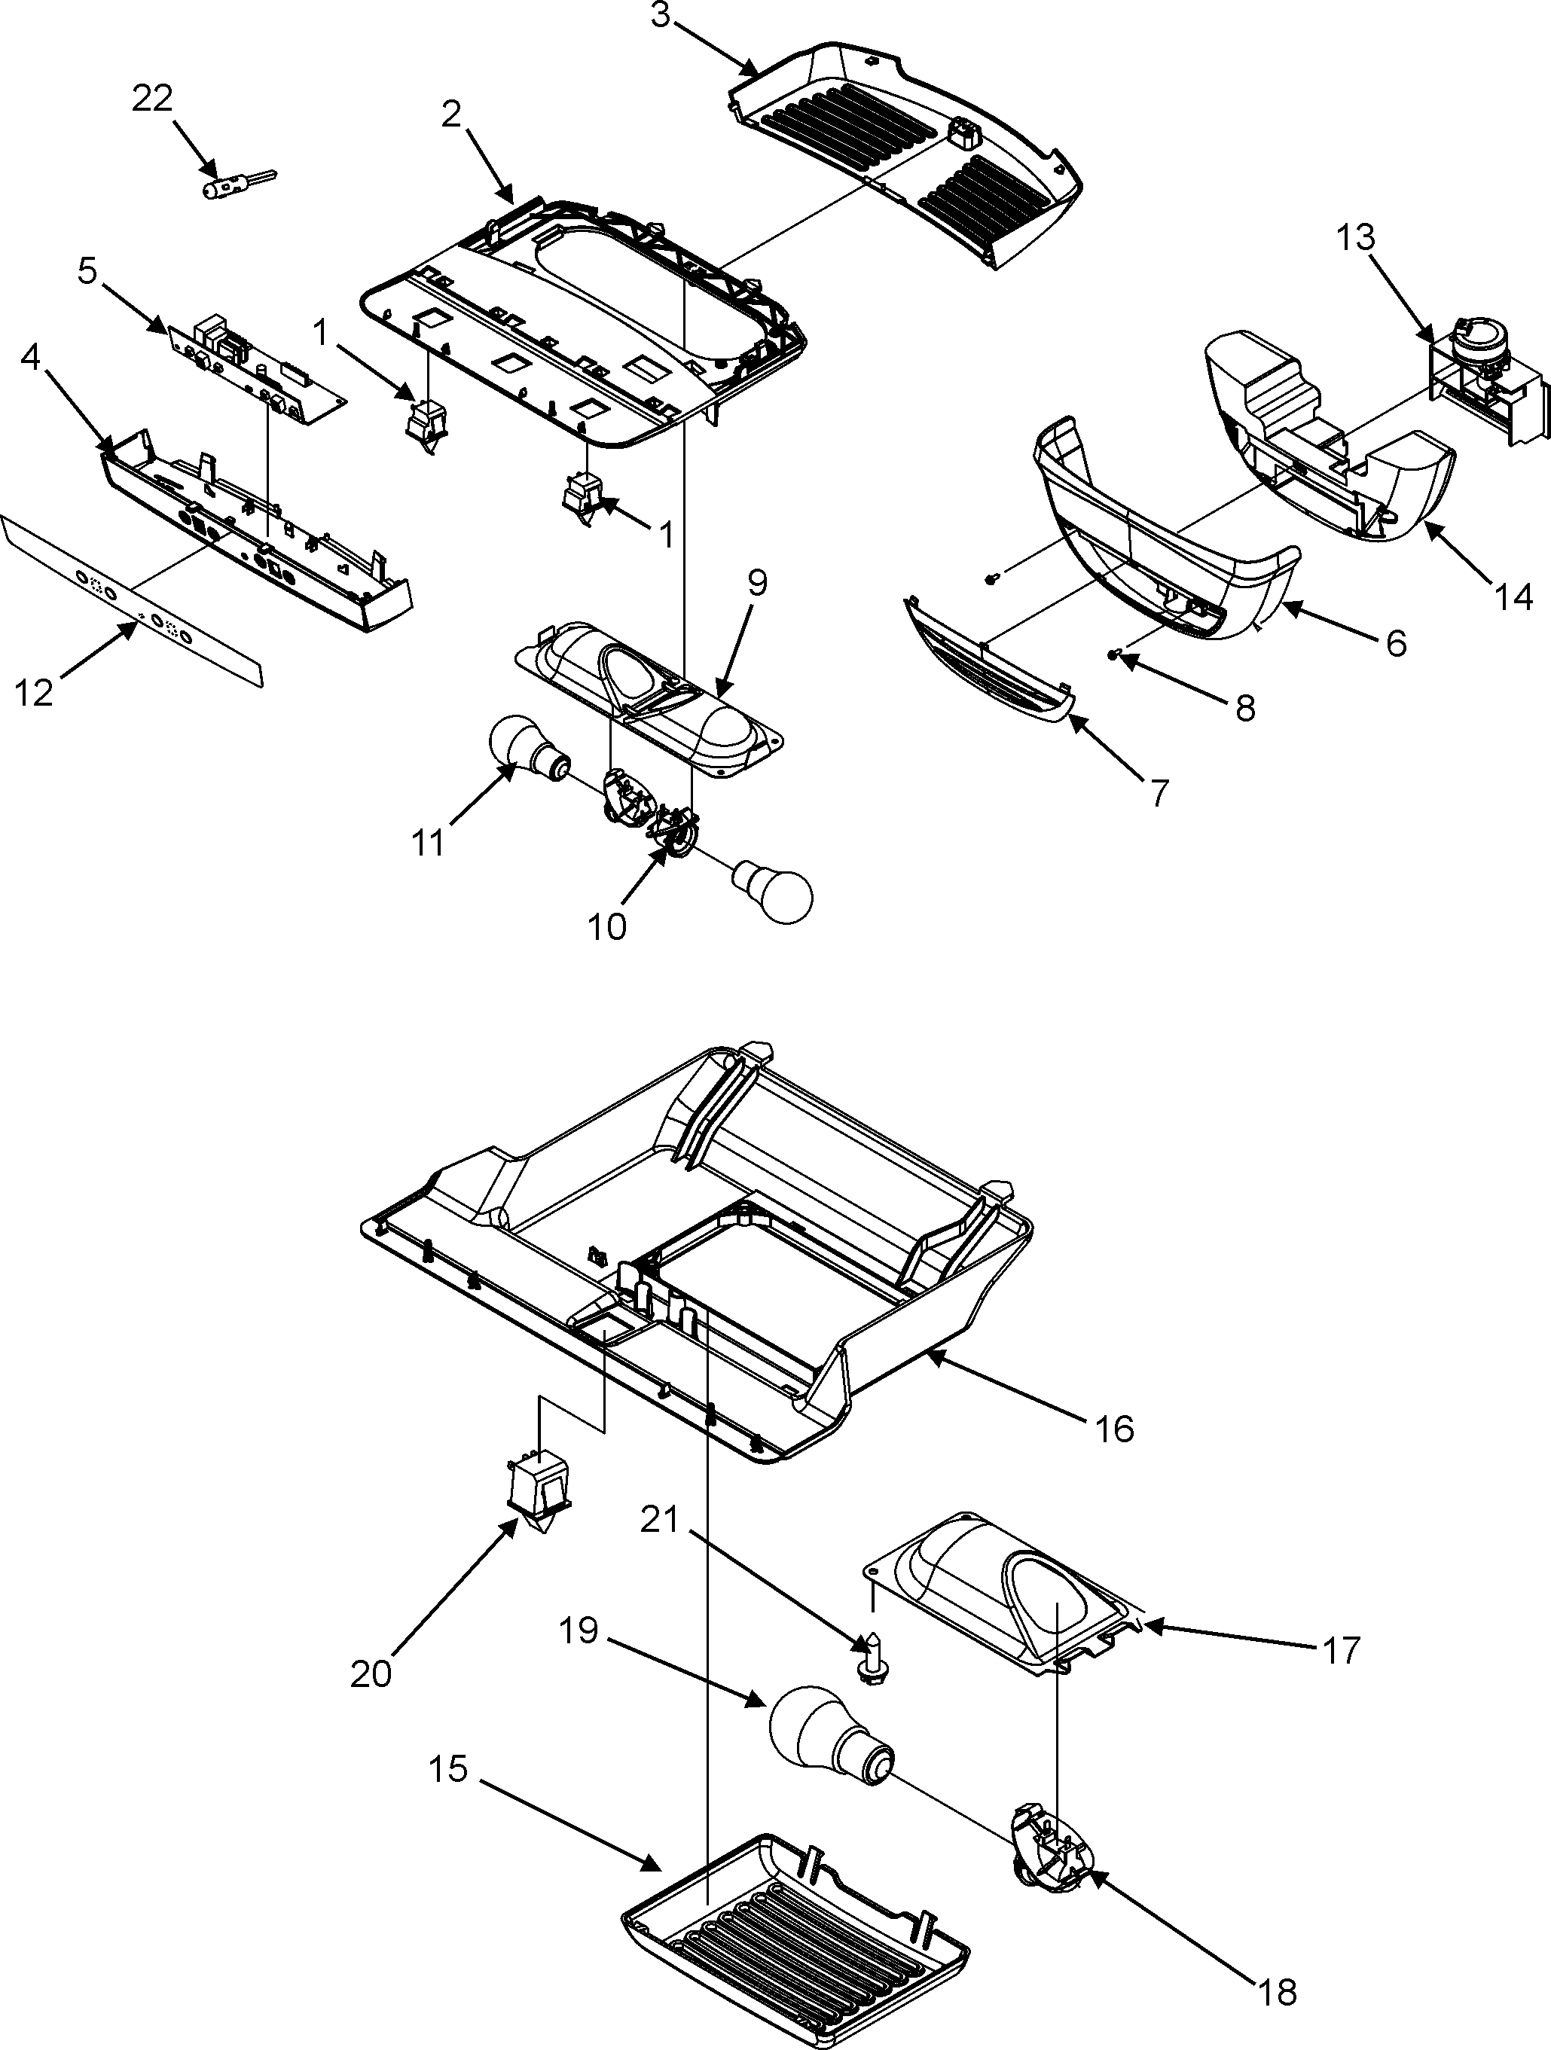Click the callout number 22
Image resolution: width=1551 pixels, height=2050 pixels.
152,98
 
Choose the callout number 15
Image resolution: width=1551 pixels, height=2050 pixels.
449,1769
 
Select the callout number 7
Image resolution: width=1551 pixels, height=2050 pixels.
1158,792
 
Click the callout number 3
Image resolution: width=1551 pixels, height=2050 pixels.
660,17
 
